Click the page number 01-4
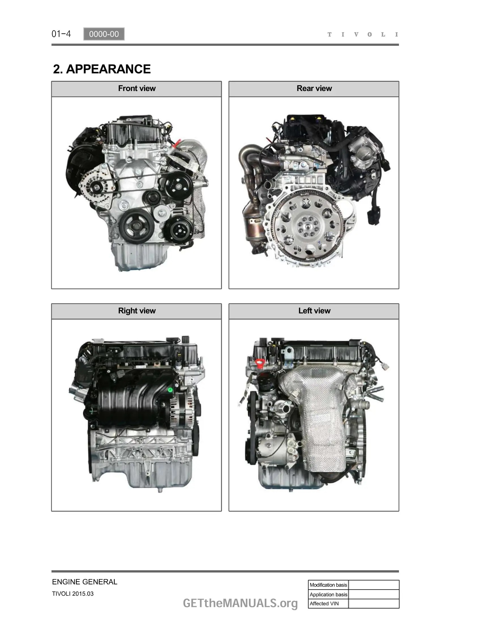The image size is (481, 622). pyautogui.click(x=61, y=34)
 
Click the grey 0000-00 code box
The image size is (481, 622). pyautogui.click(x=104, y=34)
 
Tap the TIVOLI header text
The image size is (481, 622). pyautogui.click(x=363, y=34)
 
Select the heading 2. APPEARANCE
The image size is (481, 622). pyautogui.click(x=102, y=69)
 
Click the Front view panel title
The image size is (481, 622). pyautogui.click(x=137, y=88)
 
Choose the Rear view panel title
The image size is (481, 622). pyautogui.click(x=314, y=88)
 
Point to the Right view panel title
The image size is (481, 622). pyautogui.click(x=137, y=310)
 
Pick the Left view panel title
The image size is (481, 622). pyautogui.click(x=314, y=310)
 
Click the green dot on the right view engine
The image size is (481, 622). pyautogui.click(x=170, y=390)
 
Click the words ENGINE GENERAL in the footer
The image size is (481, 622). pyautogui.click(x=84, y=582)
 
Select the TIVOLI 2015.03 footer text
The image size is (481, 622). pyautogui.click(x=73, y=594)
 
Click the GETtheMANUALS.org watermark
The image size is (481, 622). pyautogui.click(x=240, y=603)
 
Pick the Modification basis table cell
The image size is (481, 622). pyautogui.click(x=328, y=585)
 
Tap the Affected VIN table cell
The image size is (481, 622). pyautogui.click(x=328, y=604)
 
